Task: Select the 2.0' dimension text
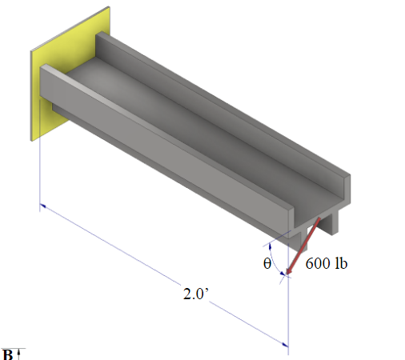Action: pos(195,294)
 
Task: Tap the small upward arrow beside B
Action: pos(21,353)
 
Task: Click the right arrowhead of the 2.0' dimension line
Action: pos(283,343)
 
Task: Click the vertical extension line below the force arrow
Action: pos(288,312)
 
